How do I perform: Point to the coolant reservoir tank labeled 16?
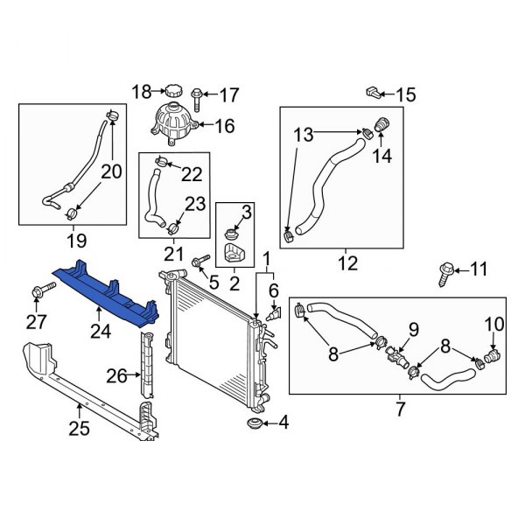tap(175, 122)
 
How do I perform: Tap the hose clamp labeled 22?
tap(164, 161)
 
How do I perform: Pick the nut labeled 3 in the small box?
tap(233, 233)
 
